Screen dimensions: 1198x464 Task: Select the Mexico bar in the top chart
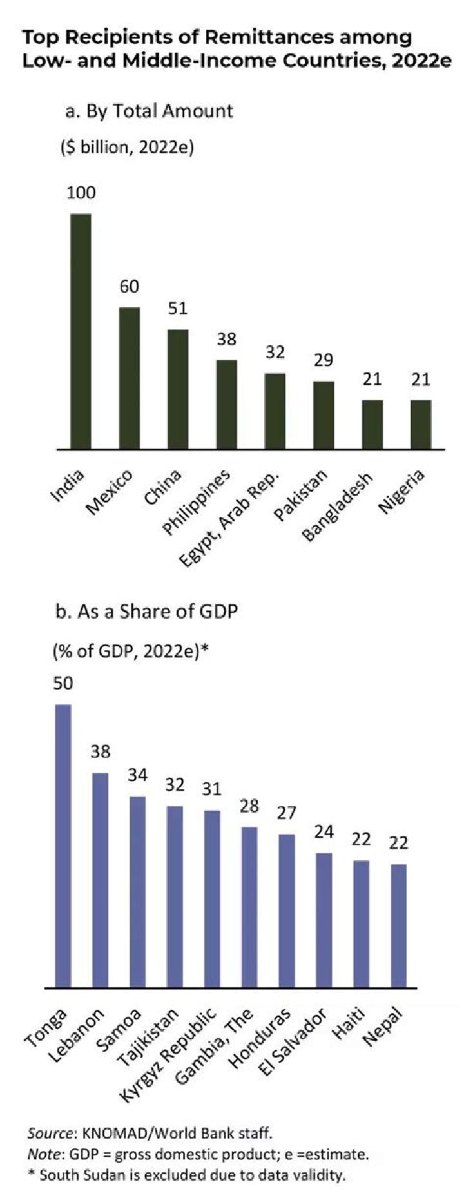click(x=130, y=378)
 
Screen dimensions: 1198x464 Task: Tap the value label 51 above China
click(x=178, y=309)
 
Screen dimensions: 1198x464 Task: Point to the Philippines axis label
click(x=197, y=502)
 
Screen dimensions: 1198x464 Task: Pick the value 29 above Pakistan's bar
click(x=324, y=360)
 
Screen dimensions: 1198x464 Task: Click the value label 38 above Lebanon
click(x=101, y=751)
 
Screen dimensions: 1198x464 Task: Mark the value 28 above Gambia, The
click(x=249, y=806)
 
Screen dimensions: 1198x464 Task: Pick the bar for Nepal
click(x=399, y=925)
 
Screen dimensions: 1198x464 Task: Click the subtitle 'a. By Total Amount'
click(x=149, y=111)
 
